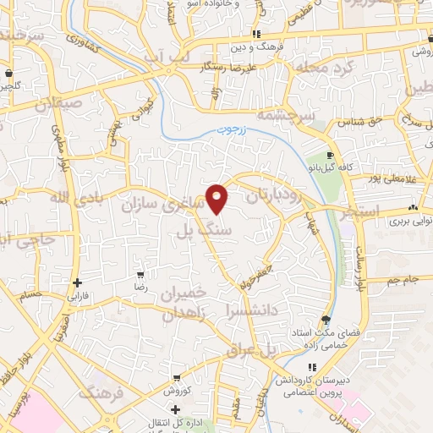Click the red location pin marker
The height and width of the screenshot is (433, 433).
[x=218, y=198]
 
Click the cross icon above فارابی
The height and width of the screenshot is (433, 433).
[x=78, y=282]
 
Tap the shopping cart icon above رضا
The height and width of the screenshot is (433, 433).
[x=140, y=275]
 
